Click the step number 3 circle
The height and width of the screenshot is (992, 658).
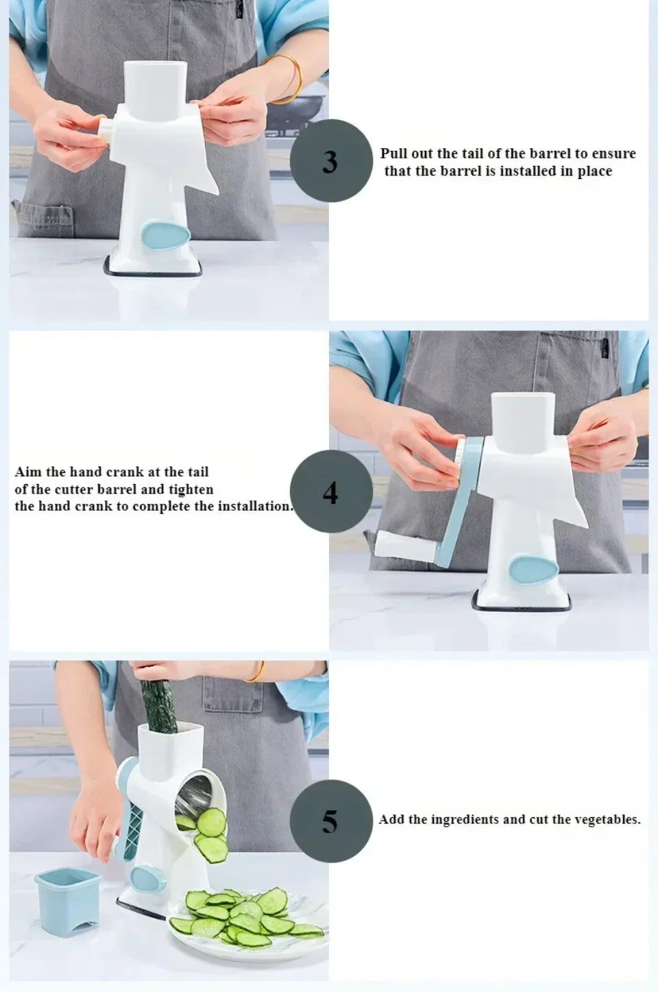pyautogui.click(x=331, y=160)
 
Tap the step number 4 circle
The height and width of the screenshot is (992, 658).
pyautogui.click(x=331, y=491)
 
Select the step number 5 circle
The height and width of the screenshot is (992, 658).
pyautogui.click(x=331, y=821)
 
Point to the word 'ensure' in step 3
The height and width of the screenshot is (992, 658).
pyautogui.click(x=613, y=154)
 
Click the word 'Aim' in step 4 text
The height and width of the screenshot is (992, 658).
pyautogui.click(x=26, y=472)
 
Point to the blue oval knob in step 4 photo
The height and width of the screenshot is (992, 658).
pyautogui.click(x=531, y=570)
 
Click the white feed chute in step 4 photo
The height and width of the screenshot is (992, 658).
pyautogui.click(x=523, y=422)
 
